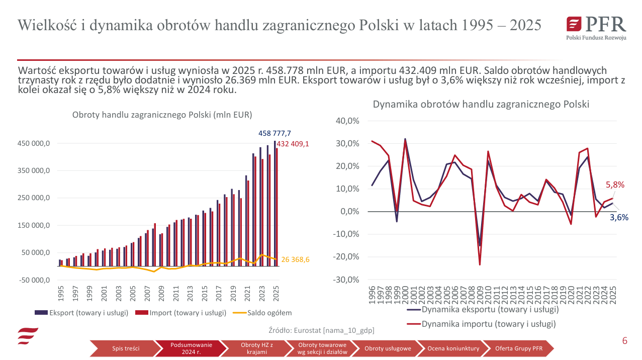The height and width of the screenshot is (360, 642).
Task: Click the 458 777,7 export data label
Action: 274,133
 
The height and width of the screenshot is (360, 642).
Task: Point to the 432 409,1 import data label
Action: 293,144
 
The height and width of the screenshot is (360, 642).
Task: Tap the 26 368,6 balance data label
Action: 296,259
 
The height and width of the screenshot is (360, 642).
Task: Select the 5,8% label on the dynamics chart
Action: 615,185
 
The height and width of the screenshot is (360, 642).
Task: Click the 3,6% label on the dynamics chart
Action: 619,218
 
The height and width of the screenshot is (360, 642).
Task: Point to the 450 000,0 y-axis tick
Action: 34,144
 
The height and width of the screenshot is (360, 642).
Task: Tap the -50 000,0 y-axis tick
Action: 34,280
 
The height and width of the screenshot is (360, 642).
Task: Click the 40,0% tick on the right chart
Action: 347,121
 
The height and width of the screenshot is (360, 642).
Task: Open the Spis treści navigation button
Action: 126,348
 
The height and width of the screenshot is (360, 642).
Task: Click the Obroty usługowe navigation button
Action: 388,348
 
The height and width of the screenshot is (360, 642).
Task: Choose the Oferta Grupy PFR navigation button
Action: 519,348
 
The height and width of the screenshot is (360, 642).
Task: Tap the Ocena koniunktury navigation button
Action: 453,348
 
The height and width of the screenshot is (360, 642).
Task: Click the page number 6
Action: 625,341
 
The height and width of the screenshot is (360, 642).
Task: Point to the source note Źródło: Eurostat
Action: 322,330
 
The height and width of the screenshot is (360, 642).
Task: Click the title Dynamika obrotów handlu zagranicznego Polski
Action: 481,105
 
